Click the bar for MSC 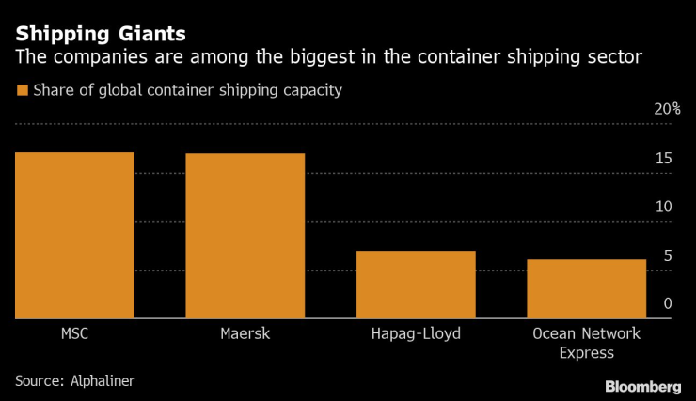[x=74, y=235]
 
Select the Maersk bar [x=245, y=236]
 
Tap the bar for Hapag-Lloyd [x=416, y=285]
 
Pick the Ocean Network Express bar [x=586, y=289]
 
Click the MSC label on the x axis [x=73, y=334]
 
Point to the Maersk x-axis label [x=245, y=334]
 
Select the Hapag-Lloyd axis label [x=416, y=334]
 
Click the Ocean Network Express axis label [x=586, y=344]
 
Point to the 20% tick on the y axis [x=667, y=109]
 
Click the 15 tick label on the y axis [x=663, y=158]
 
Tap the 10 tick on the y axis [x=663, y=207]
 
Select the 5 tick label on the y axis [x=667, y=255]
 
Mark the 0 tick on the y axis [x=667, y=303]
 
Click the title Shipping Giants [x=100, y=34]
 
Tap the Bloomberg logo [x=641, y=386]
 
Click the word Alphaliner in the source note [x=101, y=380]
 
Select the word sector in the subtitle [x=617, y=58]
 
